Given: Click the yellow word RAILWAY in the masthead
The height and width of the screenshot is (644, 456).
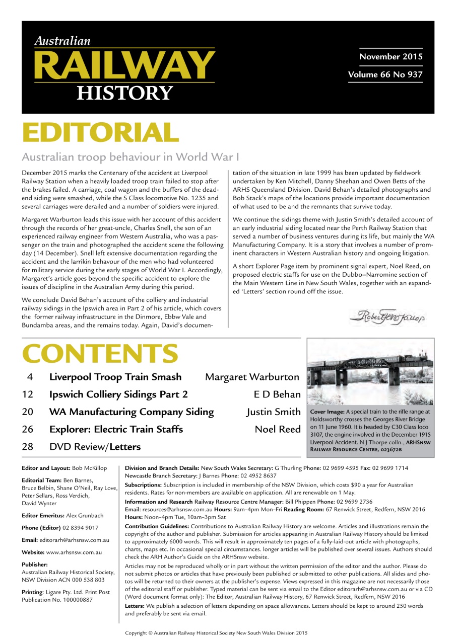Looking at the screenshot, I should click(124, 65).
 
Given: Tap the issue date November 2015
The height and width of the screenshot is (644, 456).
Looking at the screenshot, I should click(390, 56).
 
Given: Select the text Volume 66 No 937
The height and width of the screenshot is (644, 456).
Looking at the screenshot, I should click(385, 75).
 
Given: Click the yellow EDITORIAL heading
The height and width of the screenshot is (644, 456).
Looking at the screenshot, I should click(100, 132).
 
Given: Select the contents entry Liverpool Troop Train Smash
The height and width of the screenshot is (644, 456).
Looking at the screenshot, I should click(115, 377).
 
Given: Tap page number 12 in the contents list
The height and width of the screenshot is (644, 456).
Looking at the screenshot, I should click(28, 394).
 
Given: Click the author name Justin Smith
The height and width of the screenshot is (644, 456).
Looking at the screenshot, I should click(273, 412).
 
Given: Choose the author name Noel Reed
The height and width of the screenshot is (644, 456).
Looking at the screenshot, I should click(277, 429).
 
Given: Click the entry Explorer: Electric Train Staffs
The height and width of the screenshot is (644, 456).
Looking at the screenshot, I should click(115, 429).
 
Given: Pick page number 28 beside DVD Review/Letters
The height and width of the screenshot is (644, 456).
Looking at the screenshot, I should click(28, 447).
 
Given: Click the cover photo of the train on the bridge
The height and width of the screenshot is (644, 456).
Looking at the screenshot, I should click(370, 372).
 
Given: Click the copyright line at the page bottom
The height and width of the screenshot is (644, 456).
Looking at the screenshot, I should click(216, 633).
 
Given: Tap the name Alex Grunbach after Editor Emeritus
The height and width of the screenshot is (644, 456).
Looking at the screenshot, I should click(86, 515).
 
